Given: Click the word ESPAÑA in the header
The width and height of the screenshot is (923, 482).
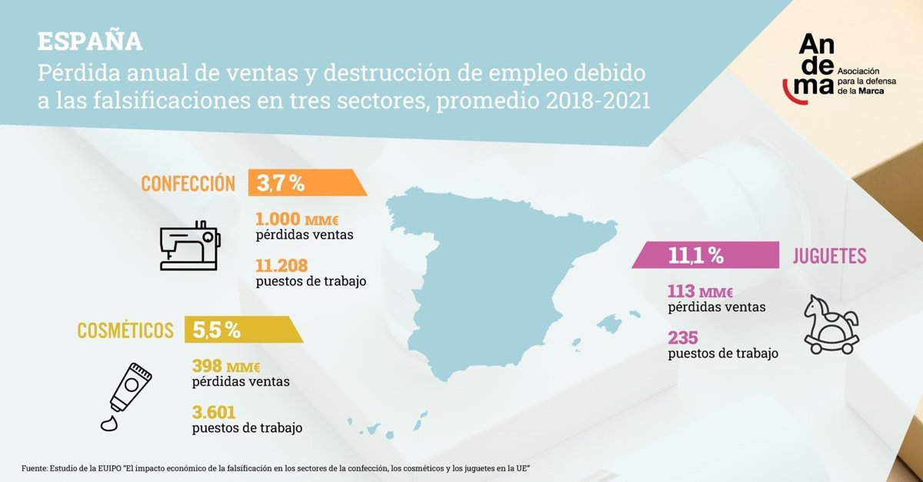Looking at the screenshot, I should coord(90,42).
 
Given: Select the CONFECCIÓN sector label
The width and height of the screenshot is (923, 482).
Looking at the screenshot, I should coord(188,183).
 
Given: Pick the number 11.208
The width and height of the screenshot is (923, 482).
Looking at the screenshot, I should coord(282,266).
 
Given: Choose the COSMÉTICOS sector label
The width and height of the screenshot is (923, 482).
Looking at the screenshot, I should coord(125,331).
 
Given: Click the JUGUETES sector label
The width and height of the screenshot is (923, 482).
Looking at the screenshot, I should coord(829,257).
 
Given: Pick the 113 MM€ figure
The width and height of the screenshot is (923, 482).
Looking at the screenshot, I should coord(700,292).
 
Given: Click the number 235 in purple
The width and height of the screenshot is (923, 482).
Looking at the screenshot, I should coord(683,338).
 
